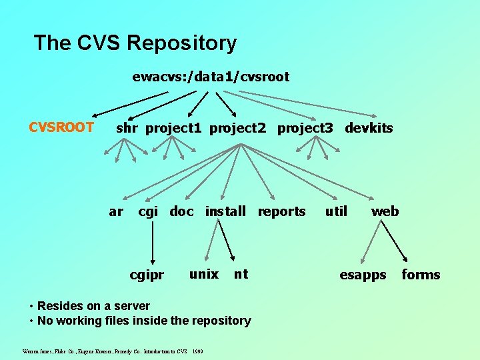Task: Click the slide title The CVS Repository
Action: pos(135,43)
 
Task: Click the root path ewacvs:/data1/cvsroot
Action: pos(211,77)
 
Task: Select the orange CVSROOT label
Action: pos(61,127)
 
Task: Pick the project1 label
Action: pos(173,128)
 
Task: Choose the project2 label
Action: pos(238,128)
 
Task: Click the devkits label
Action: pos(369,128)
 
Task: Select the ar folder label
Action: pos(116,212)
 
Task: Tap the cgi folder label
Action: pos(148,212)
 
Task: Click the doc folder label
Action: pos(181,212)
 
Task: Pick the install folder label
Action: pos(225,212)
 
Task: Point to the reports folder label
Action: pos(281,212)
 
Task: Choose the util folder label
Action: pos(336,212)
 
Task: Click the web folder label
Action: pos(385,212)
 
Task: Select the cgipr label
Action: pos(147,275)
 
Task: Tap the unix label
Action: pos(203,274)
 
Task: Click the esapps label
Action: pos(363,275)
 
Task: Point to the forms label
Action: pos(421,275)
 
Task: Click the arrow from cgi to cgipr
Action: pos(153,243)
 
